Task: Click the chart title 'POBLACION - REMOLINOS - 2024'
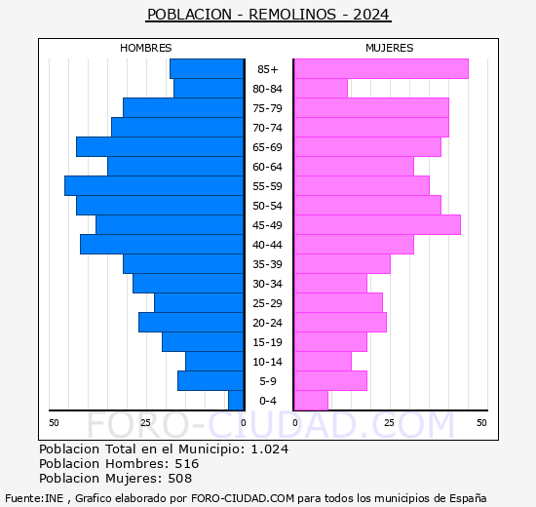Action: click(x=268, y=14)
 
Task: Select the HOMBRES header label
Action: click(x=145, y=48)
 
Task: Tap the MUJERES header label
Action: click(x=389, y=48)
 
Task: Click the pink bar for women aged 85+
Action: click(x=380, y=68)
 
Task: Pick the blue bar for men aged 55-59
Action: click(x=153, y=185)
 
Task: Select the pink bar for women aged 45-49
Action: click(x=376, y=224)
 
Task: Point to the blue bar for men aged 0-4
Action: click(x=235, y=400)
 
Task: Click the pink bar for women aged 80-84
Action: click(x=320, y=88)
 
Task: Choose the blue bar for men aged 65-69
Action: click(x=159, y=146)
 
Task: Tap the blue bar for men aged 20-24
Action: click(x=190, y=322)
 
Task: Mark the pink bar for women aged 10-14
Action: click(x=322, y=361)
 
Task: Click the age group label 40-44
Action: click(x=268, y=245)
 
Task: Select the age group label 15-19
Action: click(x=268, y=342)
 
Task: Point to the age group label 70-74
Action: click(x=268, y=128)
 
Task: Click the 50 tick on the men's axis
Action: click(x=54, y=422)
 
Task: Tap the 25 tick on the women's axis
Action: click(x=388, y=422)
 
